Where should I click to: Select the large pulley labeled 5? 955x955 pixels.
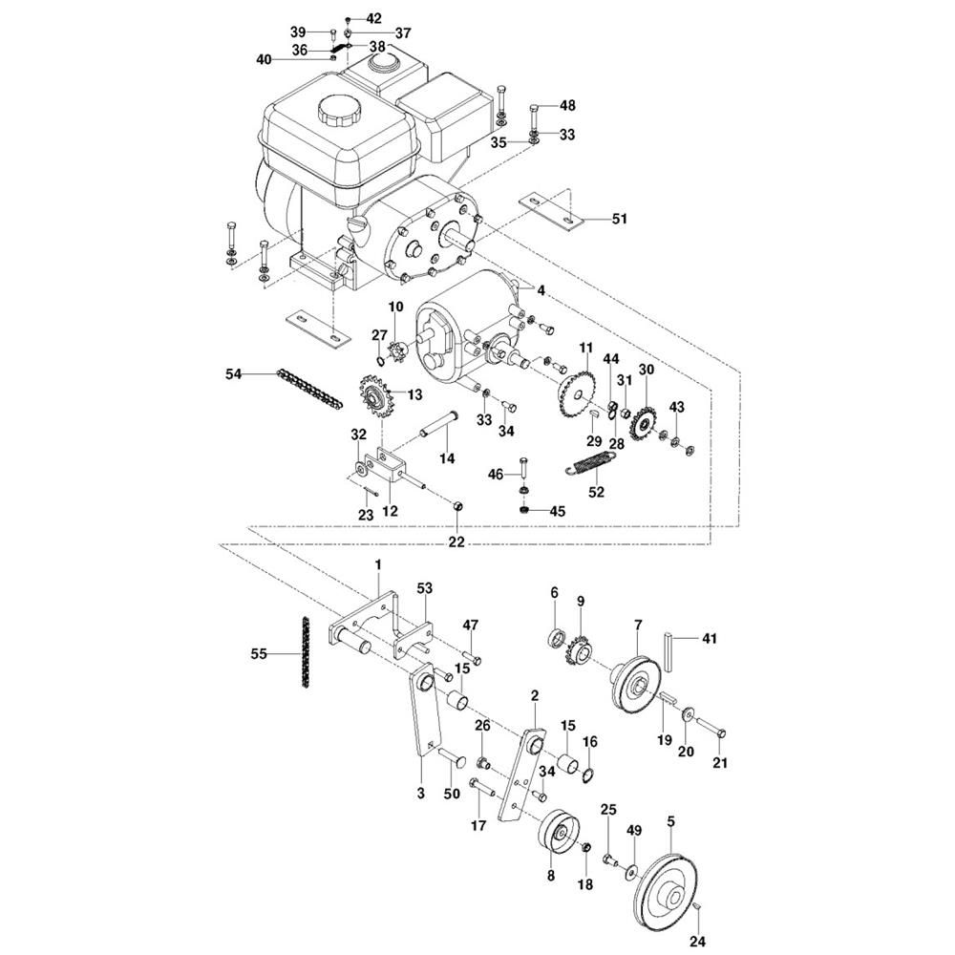[673, 891]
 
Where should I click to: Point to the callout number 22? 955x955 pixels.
[456, 541]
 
